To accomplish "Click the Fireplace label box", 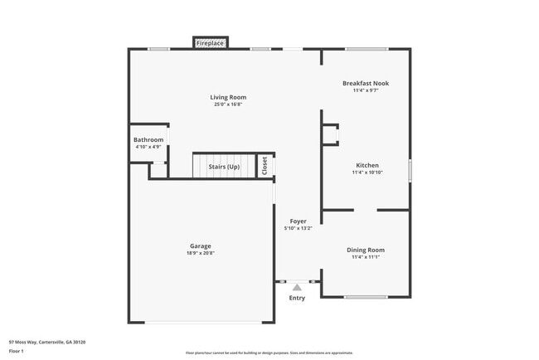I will coord(211,42).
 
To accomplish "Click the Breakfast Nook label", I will coord(366,83).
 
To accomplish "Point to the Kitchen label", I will coord(367,165).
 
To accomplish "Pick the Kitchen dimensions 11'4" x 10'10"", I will coord(367,173).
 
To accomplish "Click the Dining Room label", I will coord(366,250).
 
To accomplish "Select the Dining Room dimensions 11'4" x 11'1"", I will coord(366,257).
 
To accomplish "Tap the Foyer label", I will coord(298,221).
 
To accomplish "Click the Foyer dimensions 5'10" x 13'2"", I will coord(298,228).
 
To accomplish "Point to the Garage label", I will coord(201,246).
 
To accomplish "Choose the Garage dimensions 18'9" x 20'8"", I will coord(201,253).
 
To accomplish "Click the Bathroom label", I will coord(148,139).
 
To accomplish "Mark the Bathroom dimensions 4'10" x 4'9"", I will coord(148,147).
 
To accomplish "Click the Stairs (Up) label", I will coord(224,167).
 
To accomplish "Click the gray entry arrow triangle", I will coord(297,287).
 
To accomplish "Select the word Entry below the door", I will coord(297,298).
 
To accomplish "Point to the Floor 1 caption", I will coord(17,351).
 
